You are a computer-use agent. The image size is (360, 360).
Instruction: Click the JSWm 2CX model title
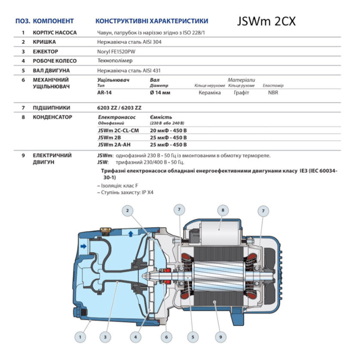266,21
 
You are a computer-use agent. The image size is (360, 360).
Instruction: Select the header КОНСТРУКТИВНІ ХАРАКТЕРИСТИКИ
152,21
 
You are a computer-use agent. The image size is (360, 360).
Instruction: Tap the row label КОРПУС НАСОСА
55,33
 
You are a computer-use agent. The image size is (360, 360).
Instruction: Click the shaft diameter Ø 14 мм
160,93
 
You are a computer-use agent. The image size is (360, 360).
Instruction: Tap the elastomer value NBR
273,93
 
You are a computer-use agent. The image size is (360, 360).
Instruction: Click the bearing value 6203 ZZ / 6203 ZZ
120,108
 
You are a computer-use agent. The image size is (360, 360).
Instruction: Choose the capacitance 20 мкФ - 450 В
168,130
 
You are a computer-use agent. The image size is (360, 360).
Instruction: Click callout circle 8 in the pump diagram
223,210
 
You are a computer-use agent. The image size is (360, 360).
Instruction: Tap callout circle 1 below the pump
80,337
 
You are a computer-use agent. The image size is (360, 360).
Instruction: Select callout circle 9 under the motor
220,337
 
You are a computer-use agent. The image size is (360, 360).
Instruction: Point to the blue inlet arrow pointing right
82,246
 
